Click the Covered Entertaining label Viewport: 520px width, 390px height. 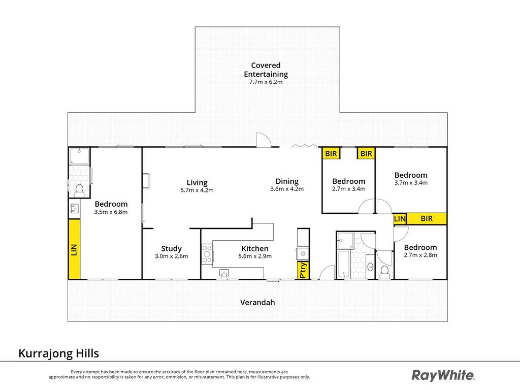tap(266, 70)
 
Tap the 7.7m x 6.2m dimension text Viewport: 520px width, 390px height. tap(266, 82)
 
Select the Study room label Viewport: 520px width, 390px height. tap(171, 249)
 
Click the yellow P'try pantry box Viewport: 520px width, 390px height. tap(304, 270)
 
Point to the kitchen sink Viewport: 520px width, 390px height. tap(224, 273)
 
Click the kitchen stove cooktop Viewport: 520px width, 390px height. tap(207, 254)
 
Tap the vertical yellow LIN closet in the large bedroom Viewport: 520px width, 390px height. tap(74, 249)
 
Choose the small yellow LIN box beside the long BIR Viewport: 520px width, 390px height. tap(400, 219)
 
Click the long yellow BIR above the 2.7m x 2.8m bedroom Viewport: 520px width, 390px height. tap(427, 219)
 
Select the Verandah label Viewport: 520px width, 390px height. tap(257, 303)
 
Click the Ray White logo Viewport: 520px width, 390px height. tap(443, 375)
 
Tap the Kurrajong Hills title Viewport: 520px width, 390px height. tap(59, 353)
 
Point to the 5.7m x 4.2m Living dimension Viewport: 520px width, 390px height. tap(197, 190)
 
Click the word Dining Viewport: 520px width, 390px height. tap(287, 181)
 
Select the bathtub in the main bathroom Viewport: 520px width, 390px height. tap(343, 265)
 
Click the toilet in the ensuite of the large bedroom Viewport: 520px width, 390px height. tap(79, 190)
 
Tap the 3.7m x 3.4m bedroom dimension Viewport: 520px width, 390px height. tap(411, 183)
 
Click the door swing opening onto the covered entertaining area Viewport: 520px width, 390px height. tap(264, 140)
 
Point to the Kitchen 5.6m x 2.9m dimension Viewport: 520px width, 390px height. tap(255, 256)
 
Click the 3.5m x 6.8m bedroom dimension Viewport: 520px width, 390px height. tap(111, 212)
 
